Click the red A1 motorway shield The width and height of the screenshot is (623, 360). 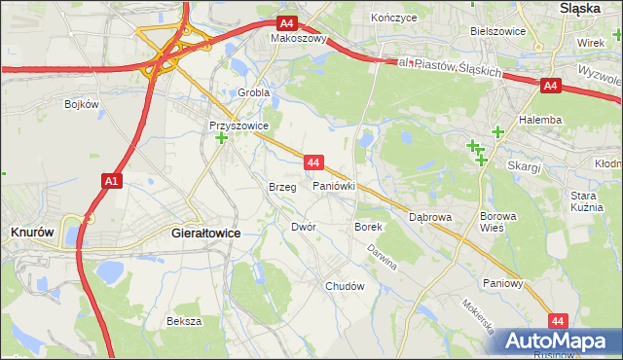click(x=110, y=181)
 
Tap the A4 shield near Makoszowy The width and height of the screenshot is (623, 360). click(x=286, y=23)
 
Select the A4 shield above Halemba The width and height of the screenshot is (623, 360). click(x=551, y=87)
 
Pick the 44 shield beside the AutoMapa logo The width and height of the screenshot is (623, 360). click(x=558, y=320)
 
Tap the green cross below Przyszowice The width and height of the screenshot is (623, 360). click(x=222, y=139)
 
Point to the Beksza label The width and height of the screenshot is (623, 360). click(x=183, y=321)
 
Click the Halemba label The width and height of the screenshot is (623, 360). click(x=541, y=120)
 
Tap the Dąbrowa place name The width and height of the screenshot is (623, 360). click(x=429, y=218)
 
